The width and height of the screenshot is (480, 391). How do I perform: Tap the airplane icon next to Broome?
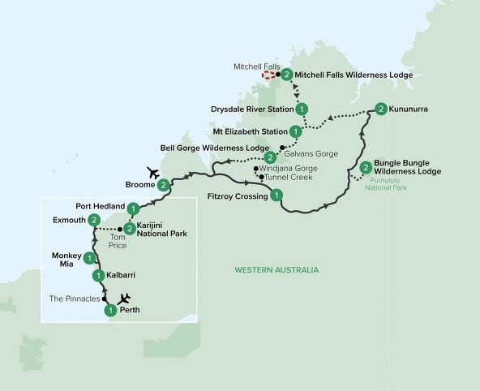[x=151, y=172]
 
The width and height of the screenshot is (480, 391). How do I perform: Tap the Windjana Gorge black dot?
[x=256, y=168]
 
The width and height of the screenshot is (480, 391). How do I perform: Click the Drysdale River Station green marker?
[x=302, y=109]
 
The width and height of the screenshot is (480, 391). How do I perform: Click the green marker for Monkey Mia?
[x=88, y=259]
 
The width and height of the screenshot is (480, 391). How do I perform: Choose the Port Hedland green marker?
[x=132, y=207]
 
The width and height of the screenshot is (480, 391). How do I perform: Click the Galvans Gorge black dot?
[x=281, y=147]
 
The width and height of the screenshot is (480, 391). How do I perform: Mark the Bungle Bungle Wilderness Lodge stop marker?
[x=366, y=168]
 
